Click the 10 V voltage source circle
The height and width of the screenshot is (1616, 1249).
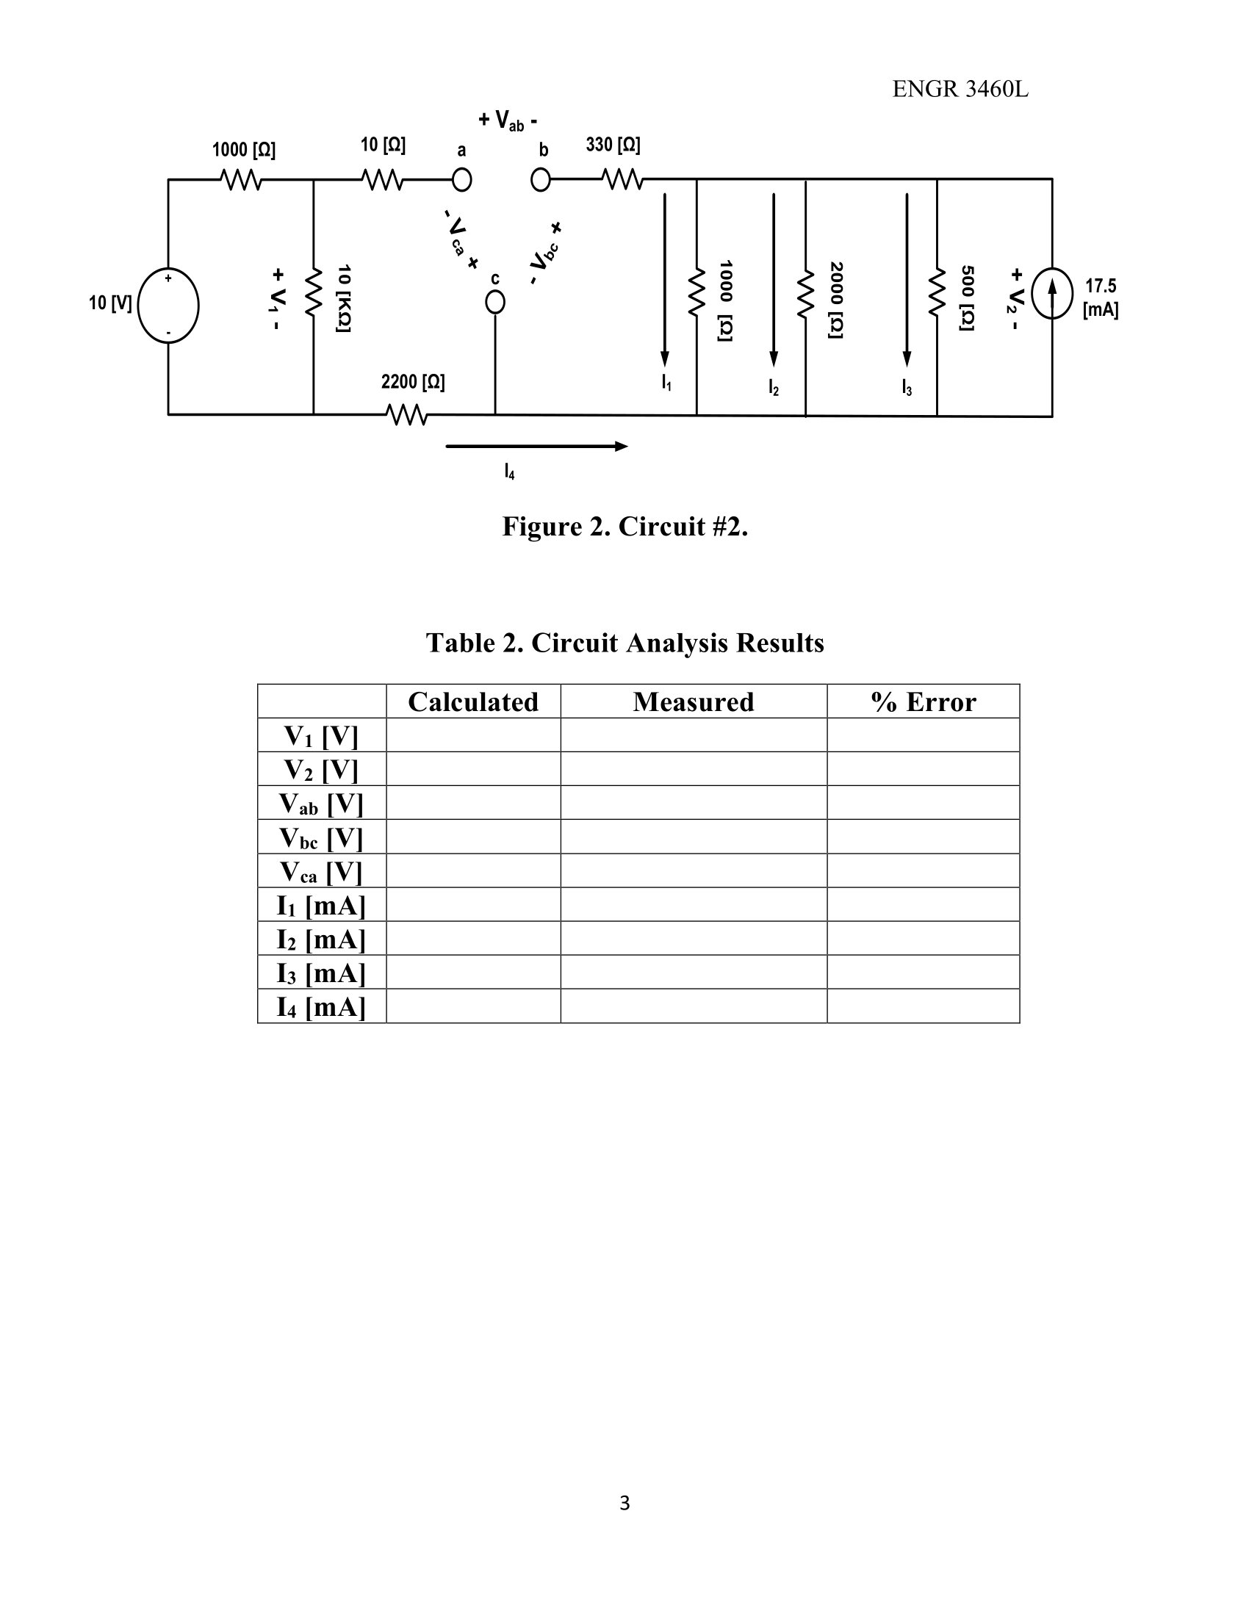tap(169, 305)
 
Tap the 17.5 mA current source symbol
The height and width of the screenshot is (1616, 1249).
tap(1051, 293)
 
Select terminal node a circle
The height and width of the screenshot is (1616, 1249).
tap(461, 180)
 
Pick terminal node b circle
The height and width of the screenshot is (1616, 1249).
tap(541, 180)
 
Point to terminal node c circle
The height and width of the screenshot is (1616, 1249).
tap(495, 303)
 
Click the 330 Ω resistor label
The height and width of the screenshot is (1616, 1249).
tap(613, 145)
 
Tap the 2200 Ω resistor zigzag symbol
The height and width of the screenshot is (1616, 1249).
tap(406, 414)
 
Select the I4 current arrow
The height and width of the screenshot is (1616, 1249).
tap(536, 446)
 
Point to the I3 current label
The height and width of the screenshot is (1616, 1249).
tap(907, 386)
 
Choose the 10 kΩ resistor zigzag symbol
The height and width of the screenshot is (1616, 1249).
tap(314, 292)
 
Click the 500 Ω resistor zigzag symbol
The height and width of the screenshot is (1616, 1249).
tap(937, 292)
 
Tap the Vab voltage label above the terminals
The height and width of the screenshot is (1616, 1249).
tap(508, 120)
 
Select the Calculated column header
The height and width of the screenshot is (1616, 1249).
tap(473, 701)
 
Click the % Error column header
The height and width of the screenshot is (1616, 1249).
tap(923, 701)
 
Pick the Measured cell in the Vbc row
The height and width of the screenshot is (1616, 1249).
tap(694, 837)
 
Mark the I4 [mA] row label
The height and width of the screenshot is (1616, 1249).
tap(321, 1006)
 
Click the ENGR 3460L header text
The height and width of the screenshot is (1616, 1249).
tap(960, 90)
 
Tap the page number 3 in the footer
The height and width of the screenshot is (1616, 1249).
tap(624, 1503)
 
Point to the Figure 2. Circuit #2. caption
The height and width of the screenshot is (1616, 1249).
tap(624, 527)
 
